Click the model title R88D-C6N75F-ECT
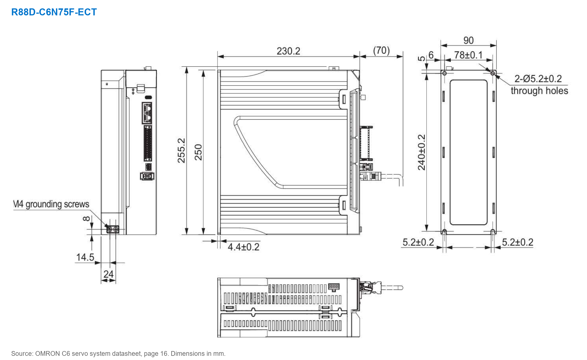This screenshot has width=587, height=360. coord(54,12)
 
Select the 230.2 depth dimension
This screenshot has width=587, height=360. coord(288,51)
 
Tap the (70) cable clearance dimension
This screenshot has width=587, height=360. coord(381,51)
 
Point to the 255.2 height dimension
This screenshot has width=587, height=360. coord(181,150)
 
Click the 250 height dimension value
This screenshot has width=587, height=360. coord(198,152)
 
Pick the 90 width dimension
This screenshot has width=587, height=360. coord(468,41)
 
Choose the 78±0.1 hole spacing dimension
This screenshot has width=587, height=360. coord(468,55)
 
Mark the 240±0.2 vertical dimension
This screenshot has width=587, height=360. coord(422,152)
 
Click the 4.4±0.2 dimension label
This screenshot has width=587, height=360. coord(243,247)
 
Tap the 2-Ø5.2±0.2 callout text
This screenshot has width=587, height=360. coord(538,79)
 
